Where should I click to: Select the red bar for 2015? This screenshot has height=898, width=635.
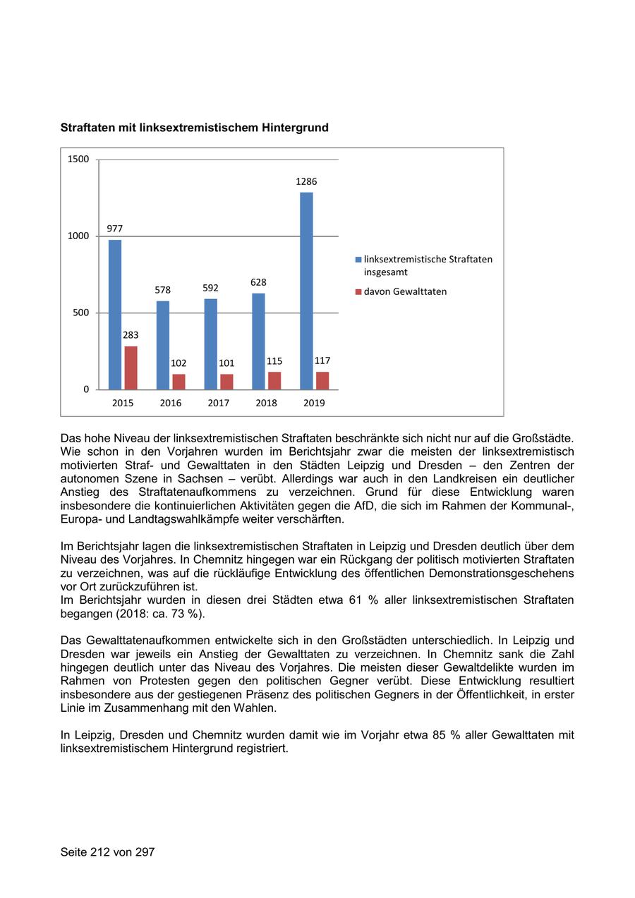131,368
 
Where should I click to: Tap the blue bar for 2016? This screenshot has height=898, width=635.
163,345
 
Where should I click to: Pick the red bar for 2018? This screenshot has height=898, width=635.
274,380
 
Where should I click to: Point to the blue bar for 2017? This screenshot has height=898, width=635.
211,344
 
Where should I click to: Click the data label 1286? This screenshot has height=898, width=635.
306,181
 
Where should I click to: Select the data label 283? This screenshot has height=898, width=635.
131,335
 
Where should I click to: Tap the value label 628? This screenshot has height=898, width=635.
258,282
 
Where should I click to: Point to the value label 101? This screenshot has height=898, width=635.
226,363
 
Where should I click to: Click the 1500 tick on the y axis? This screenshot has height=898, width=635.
78,159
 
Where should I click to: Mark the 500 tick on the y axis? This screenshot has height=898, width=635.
82,313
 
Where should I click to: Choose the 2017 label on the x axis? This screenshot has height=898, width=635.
219,403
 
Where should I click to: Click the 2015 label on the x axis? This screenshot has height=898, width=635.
122,403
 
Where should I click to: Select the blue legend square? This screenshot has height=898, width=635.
358,260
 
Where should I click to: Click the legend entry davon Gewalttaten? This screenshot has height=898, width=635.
405,291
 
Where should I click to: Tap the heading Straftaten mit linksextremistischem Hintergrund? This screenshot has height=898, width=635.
194,128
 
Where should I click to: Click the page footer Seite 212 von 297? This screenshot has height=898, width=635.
107,852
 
